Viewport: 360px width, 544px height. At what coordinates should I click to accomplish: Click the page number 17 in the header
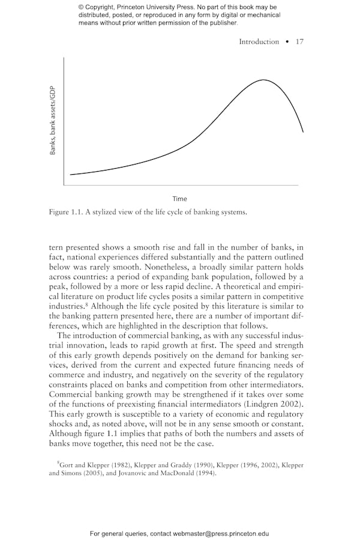tap(300, 41)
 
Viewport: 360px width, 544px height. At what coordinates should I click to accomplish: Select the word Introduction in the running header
tap(259, 41)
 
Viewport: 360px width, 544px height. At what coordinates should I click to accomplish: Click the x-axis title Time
tap(180, 199)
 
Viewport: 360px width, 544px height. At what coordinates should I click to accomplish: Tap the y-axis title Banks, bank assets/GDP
tap(53, 120)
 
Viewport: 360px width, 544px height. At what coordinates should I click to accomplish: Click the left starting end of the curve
tap(71, 175)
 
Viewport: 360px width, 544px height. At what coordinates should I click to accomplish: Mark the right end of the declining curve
tap(303, 131)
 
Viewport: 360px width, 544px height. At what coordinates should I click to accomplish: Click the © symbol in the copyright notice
tap(81, 7)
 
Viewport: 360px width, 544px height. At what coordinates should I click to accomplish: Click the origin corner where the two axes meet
tap(63, 185)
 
